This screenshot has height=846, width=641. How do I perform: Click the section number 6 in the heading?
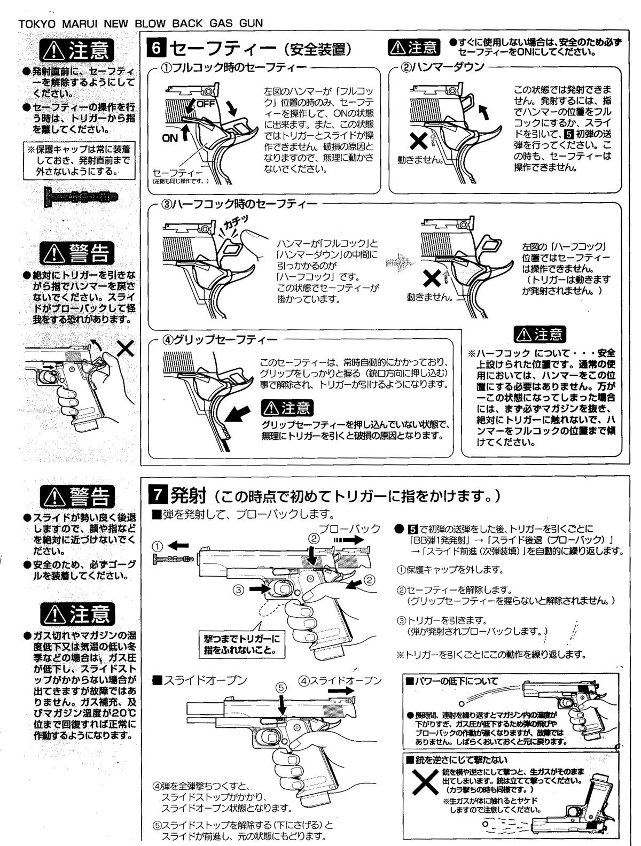click(x=156, y=49)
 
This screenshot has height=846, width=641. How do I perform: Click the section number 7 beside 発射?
click(x=157, y=494)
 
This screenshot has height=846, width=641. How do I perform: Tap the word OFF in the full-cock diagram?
click(x=206, y=104)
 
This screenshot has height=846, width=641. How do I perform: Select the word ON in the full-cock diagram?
click(x=170, y=138)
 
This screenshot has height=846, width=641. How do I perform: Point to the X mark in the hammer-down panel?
click(x=418, y=142)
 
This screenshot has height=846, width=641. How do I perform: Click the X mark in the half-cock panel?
click(x=432, y=277)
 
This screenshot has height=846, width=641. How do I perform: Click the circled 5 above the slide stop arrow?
click(x=282, y=687)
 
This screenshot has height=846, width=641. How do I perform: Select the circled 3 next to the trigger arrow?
click(x=239, y=589)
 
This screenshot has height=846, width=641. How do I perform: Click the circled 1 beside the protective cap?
click(x=158, y=546)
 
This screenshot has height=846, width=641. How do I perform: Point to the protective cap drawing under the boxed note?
click(x=81, y=197)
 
